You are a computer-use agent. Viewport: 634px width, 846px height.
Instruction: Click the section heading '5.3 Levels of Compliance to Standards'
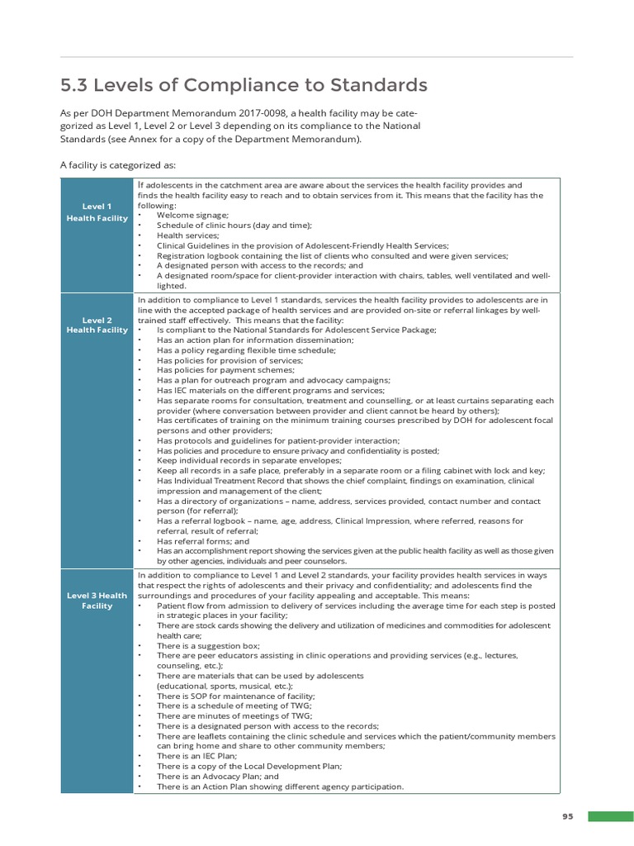coord(244,85)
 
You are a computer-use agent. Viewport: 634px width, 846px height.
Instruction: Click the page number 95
coord(568,816)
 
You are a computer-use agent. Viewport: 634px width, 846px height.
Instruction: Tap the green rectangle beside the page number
coord(610,816)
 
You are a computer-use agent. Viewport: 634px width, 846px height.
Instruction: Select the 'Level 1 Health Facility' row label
coord(97,211)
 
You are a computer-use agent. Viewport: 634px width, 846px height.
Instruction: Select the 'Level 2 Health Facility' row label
coord(97,325)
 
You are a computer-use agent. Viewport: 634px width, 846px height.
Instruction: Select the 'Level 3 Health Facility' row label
coord(97,601)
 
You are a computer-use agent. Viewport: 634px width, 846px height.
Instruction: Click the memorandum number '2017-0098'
coord(285,113)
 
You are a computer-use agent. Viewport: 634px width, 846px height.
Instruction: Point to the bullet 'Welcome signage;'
coord(193,215)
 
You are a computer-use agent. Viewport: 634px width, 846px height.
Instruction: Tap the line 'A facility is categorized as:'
coord(118,164)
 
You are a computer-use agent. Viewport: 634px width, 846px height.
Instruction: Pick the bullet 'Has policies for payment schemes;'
coord(227,370)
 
